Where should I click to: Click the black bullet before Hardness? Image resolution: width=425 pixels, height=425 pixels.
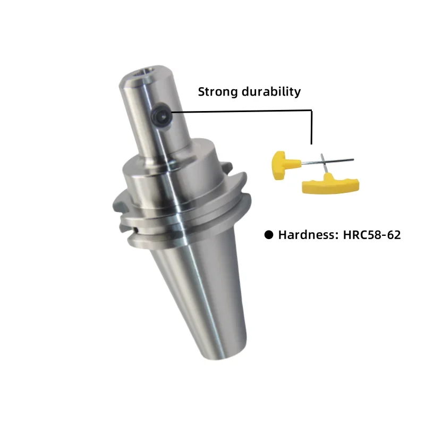point(269,234)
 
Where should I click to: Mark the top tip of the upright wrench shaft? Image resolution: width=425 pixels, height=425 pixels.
point(321,155)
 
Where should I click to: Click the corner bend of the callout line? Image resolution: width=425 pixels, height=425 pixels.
point(312,110)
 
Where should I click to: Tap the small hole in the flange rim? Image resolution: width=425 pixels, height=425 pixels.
point(136,229)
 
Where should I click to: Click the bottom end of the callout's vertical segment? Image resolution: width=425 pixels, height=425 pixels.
point(312,143)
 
